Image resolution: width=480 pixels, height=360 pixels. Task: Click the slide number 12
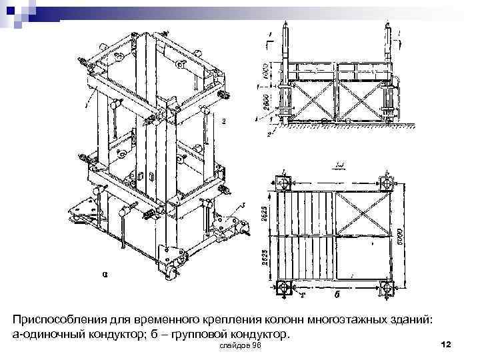447,344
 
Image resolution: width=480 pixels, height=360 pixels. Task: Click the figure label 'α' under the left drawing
105,273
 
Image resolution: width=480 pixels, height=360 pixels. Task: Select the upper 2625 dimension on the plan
265,212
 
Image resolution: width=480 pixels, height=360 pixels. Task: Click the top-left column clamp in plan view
283,181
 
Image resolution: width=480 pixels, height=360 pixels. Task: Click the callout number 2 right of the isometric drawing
225,121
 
